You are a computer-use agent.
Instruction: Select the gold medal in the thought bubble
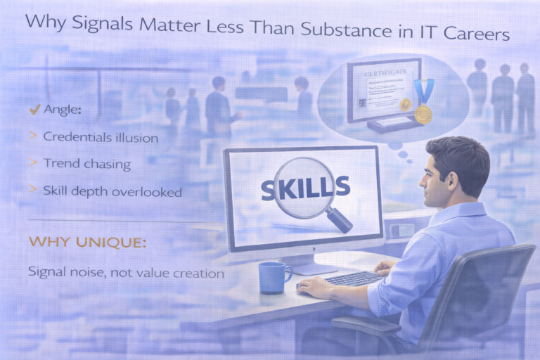[423, 112]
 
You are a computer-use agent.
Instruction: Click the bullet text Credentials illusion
[100, 137]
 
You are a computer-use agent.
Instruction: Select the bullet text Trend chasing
[87, 163]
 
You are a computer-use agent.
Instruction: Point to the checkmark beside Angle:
[32, 110]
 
